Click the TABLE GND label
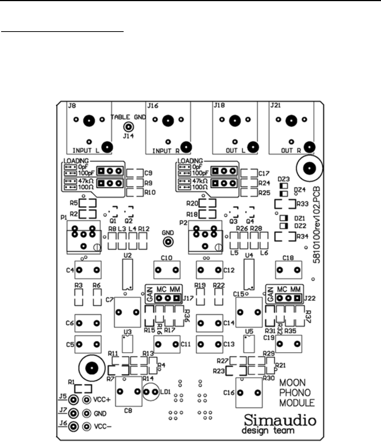coord(128,117)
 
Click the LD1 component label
coord(164,392)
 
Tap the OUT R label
coord(292,150)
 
